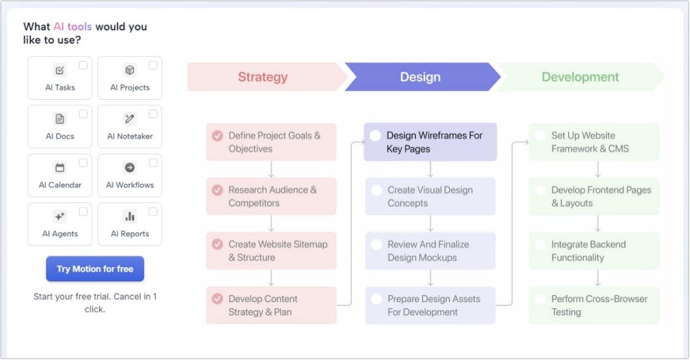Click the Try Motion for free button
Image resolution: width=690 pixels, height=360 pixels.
point(95,269)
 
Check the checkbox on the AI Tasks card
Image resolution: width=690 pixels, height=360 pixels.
point(83,65)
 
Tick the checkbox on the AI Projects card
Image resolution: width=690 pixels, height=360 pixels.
point(153,65)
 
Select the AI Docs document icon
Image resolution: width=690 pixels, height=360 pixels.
point(60,119)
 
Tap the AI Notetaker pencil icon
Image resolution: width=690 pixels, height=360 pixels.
point(130,119)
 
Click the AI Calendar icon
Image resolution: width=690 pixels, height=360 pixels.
point(60,168)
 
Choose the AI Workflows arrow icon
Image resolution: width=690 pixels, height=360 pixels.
point(130,168)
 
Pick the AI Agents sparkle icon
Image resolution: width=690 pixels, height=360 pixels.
point(60,216)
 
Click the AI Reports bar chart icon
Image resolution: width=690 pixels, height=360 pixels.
point(130,216)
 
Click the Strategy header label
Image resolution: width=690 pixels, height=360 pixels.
point(263,77)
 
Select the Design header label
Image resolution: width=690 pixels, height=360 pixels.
point(420,77)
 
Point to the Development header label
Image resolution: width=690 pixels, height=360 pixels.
point(580,77)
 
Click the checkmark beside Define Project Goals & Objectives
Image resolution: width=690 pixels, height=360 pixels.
point(217,136)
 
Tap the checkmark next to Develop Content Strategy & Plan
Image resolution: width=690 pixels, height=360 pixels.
point(217,299)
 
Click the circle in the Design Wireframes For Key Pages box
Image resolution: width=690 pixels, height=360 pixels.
point(375,136)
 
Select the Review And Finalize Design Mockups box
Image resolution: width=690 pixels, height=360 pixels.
point(430,251)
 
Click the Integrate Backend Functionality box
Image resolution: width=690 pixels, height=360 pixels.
point(594,251)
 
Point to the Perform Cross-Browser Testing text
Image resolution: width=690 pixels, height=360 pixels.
point(599,305)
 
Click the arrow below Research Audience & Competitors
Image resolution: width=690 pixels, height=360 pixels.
point(271,223)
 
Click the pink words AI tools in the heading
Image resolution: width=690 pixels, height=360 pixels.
point(73,27)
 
